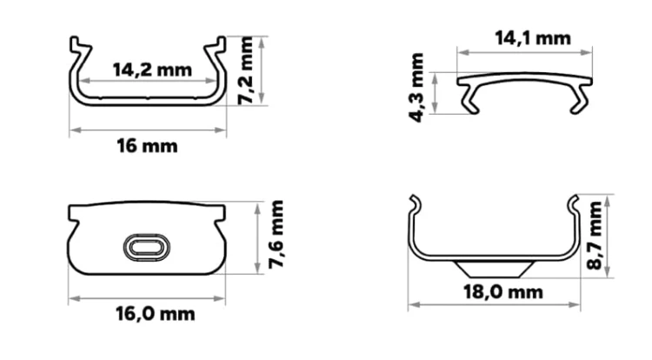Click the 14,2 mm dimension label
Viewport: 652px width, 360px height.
pyautogui.click(x=152, y=70)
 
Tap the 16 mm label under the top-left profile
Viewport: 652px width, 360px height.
pyautogui.click(x=147, y=146)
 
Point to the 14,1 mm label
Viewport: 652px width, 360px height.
pyautogui.click(x=533, y=38)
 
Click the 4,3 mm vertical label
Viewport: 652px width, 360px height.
pyautogui.click(x=416, y=87)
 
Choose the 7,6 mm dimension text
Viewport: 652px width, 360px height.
pyautogui.click(x=276, y=234)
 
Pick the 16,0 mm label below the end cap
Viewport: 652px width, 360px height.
pyautogui.click(x=155, y=314)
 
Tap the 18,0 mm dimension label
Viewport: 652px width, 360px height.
pyautogui.click(x=503, y=292)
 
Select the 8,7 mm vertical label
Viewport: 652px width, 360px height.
pyautogui.click(x=595, y=235)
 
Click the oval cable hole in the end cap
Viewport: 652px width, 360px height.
pyautogui.click(x=147, y=248)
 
